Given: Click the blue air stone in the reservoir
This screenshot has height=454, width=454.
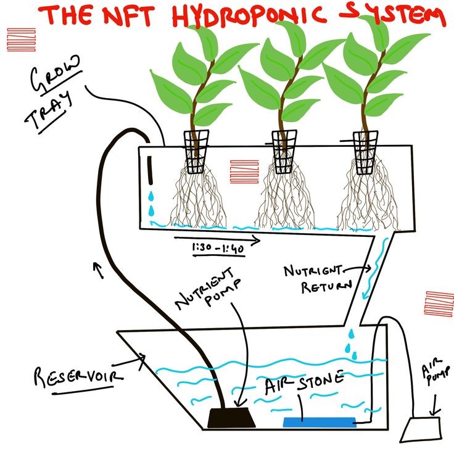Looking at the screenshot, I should pyautogui.click(x=319, y=422).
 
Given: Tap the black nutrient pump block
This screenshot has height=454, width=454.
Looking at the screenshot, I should pyautogui.click(x=231, y=418).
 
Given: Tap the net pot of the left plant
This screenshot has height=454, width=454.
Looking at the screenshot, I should pyautogui.click(x=196, y=151).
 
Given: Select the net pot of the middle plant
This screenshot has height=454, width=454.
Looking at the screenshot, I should pyautogui.click(x=285, y=151).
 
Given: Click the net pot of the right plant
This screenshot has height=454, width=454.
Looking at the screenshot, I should pyautogui.click(x=365, y=151).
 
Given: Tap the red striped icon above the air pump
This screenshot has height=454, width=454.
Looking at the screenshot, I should pyautogui.click(x=439, y=303).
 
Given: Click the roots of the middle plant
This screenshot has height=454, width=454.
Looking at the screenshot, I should pyautogui.click(x=285, y=197).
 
